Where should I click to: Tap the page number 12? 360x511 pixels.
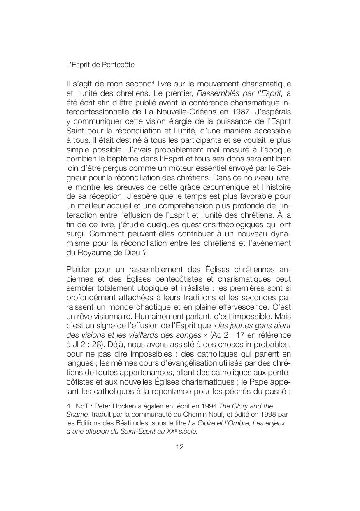pyautogui.click(x=180, y=447)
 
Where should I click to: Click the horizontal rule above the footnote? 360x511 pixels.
pyautogui.click(x=93, y=399)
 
